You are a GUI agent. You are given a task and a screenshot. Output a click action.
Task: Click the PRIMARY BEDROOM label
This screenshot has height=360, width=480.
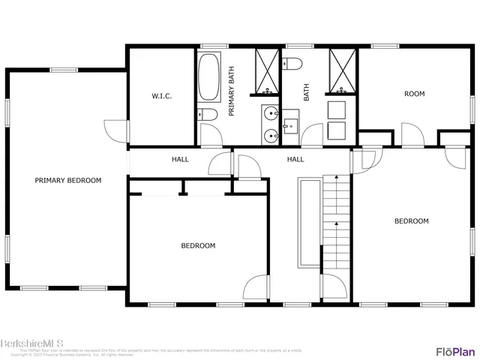pyautogui.click(x=67, y=180)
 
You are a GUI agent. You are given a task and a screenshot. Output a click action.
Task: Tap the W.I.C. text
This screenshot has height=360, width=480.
pyautogui.click(x=162, y=95)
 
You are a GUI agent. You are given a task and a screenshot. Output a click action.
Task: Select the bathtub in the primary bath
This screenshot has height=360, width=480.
pyautogui.click(x=208, y=76)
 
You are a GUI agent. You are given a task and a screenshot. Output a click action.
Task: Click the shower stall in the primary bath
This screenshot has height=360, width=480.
pyautogui.click(x=265, y=71)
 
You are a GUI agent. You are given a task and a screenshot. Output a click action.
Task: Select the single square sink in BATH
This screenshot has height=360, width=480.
pyautogui.click(x=290, y=120)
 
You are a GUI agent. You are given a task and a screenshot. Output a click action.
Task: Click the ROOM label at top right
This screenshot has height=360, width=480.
pyautogui.click(x=414, y=94)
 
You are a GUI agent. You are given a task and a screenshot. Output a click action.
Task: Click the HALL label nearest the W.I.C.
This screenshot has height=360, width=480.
pyautogui.click(x=180, y=159)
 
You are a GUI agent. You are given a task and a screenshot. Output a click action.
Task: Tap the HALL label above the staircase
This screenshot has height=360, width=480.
pyautogui.click(x=295, y=159)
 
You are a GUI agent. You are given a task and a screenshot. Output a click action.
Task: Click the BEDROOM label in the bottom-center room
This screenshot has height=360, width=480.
pyautogui.click(x=198, y=245)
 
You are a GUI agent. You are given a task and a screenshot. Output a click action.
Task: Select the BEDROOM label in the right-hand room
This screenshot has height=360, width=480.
pyautogui.click(x=412, y=220)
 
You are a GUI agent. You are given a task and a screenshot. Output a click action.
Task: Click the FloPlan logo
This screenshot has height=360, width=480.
pyautogui.click(x=455, y=350)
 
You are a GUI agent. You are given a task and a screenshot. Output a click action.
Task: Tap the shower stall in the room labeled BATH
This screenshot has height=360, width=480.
pyautogui.click(x=343, y=71)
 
